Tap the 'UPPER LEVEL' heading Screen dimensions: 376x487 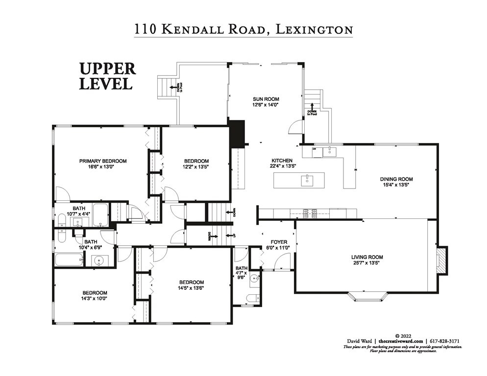[108, 76]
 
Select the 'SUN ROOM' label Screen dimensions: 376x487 [265, 99]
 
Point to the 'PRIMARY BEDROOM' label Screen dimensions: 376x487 [103, 161]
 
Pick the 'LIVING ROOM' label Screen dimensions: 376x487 [367, 257]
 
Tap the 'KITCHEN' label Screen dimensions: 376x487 [282, 161]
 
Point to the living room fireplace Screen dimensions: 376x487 [441, 259]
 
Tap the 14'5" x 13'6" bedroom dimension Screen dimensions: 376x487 [191, 288]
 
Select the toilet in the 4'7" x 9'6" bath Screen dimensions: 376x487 [252, 297]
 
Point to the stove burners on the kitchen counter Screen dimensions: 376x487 [310, 213]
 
